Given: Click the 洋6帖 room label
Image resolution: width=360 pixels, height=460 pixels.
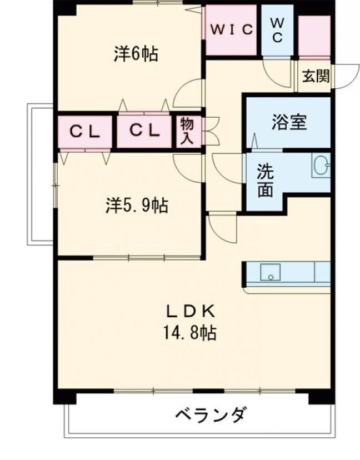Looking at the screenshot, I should coord(136,54).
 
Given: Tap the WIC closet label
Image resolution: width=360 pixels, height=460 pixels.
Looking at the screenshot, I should coord(231,29).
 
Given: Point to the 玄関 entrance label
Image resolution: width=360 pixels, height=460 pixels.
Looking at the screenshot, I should coord(315,77).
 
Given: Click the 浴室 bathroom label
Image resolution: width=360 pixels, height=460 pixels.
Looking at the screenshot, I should coord(289,122).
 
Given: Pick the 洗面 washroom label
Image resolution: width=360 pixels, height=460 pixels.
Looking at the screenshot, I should coord(266,181).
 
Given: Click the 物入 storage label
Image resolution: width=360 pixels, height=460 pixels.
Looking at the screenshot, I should coord(186,131).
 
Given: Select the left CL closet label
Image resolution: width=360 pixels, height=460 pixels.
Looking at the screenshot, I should coord(85,131).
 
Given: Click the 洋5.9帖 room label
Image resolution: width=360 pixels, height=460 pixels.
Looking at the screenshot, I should coord(137,206).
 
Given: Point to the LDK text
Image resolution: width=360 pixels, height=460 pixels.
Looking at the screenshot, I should coord(189,311).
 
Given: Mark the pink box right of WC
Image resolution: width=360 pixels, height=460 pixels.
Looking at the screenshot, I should coord(314,37).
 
